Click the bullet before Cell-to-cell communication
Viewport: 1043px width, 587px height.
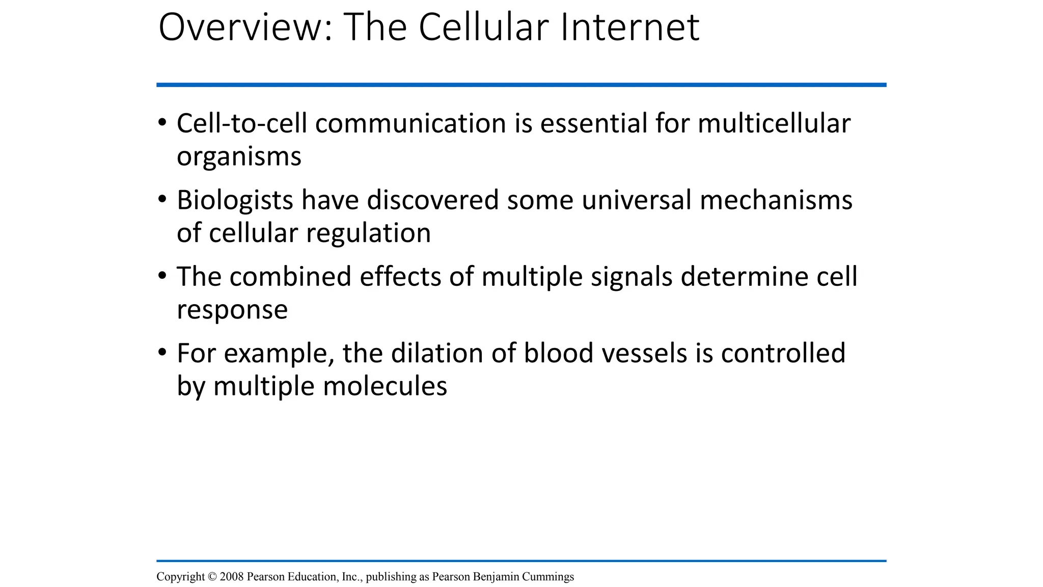162,122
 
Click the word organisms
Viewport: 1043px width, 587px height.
239,157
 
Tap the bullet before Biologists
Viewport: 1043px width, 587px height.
162,199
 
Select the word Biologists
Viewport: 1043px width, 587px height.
235,200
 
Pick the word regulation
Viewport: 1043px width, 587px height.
368,233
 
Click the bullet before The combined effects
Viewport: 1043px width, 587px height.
162,275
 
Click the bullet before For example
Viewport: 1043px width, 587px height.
162,352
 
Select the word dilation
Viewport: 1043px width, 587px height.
437,353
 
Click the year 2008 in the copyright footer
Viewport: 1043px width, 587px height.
232,577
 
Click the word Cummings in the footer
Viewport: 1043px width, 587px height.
548,577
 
